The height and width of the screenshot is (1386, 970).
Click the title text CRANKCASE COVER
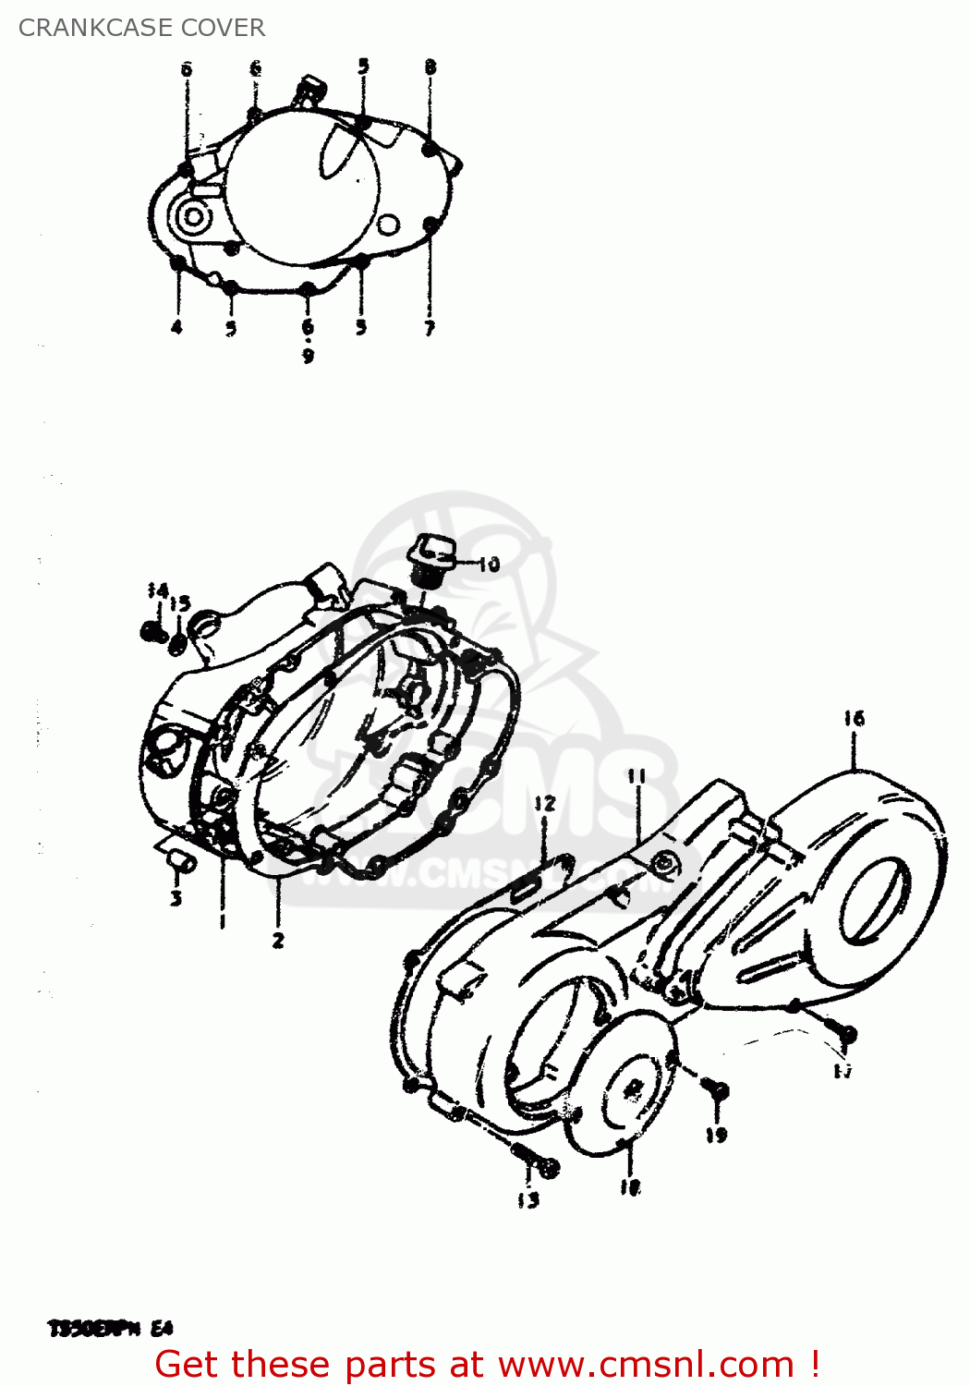point(141,28)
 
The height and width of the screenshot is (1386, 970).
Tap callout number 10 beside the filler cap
point(489,564)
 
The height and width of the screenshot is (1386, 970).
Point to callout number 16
point(854,718)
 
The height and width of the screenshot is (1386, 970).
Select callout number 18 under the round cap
point(630,1188)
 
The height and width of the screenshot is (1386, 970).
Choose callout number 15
point(180,603)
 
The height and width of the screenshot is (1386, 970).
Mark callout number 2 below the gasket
point(277,941)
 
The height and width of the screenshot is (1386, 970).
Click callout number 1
point(222,920)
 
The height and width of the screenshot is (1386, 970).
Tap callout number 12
point(544,803)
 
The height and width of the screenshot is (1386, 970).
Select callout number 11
point(637,776)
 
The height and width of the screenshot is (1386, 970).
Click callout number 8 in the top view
point(430,67)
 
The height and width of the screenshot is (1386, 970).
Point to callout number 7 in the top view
point(429,327)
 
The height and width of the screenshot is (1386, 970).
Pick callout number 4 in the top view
point(176,327)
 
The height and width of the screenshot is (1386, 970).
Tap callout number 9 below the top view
point(308,355)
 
